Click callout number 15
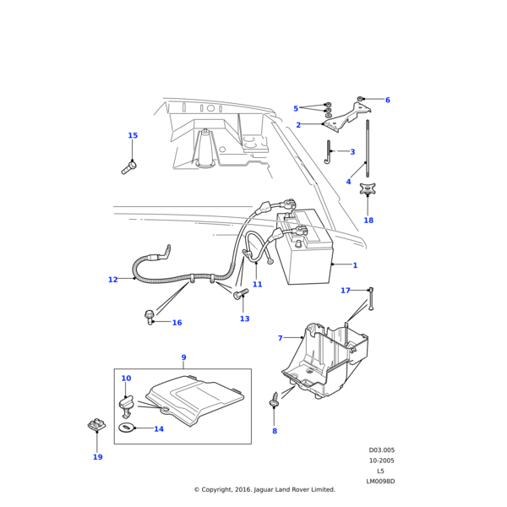[133, 135]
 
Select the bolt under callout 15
[128, 168]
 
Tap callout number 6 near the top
[388, 100]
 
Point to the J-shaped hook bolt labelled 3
[329, 152]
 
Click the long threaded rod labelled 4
[368, 149]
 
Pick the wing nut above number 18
[368, 188]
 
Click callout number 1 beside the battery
[355, 265]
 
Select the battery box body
[304, 247]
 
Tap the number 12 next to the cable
[113, 280]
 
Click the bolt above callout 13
[240, 293]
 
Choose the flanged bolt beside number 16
[149, 317]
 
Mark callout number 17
[346, 291]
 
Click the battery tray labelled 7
[325, 360]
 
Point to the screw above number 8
[275, 400]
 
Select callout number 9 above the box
[183, 357]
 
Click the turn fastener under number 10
[126, 406]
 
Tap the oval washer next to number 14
[126, 428]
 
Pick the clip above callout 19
[96, 424]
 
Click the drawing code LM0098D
[380, 482]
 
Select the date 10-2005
[382, 461]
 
